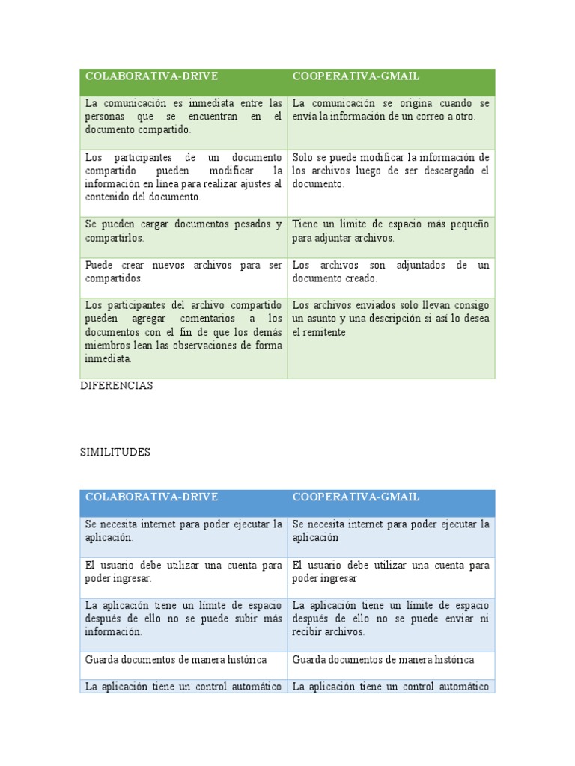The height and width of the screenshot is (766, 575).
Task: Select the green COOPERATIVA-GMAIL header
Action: tap(356, 76)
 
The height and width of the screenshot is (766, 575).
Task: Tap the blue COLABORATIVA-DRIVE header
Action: tap(151, 497)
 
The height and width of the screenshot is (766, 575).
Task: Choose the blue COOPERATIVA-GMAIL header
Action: tap(356, 497)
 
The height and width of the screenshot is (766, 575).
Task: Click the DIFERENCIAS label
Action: tap(116, 385)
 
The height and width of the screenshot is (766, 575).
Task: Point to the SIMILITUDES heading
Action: tap(115, 453)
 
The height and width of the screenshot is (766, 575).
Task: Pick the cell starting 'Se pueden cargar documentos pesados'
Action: tap(183, 230)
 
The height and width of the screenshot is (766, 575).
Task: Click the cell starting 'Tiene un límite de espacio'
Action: tap(390, 230)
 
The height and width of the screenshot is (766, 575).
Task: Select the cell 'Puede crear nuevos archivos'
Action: tap(183, 272)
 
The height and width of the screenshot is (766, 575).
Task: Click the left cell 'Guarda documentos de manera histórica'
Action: tap(176, 659)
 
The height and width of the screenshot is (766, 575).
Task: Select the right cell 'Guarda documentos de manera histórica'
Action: tap(383, 659)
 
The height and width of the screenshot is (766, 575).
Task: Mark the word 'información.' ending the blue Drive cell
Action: tap(112, 632)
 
